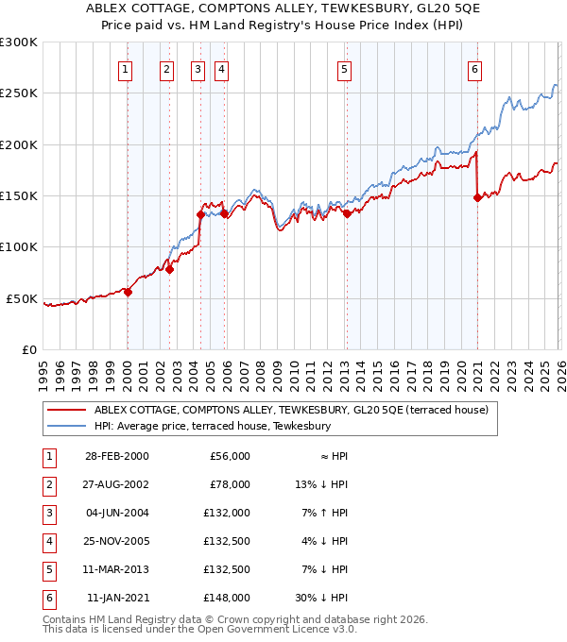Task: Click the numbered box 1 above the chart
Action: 126,69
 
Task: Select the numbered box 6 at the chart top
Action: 474,69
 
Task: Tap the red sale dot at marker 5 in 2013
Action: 347,213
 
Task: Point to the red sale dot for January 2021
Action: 477,197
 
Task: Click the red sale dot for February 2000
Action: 128,292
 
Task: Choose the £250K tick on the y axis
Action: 19,93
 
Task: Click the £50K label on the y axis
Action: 22,298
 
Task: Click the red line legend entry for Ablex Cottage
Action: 290,410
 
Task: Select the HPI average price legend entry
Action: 212,426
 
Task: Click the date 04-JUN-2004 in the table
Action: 116,513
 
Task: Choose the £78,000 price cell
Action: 231,484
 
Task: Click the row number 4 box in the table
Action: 46,541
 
